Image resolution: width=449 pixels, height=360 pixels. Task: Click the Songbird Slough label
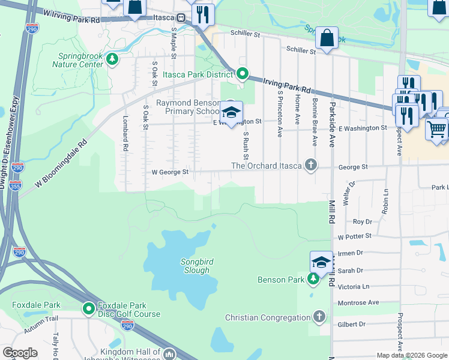[x=196, y=266]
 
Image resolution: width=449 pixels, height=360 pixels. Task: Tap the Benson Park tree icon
[x=313, y=279]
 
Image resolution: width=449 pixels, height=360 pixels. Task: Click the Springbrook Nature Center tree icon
[x=112, y=59]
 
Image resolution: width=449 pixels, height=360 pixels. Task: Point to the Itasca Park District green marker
[x=242, y=74]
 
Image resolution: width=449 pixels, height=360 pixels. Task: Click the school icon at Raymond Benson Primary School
[x=231, y=112]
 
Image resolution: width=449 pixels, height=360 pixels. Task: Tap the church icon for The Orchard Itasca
[x=310, y=165]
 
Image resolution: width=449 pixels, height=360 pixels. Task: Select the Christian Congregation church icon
[x=319, y=316]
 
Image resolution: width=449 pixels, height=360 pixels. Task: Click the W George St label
[x=170, y=172]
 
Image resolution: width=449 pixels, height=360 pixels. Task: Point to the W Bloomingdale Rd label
[x=61, y=163]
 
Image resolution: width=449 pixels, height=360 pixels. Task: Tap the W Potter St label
[x=354, y=237]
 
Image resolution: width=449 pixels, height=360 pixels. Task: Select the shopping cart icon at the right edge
[x=436, y=129]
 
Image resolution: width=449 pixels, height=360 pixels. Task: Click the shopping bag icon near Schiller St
[x=327, y=38]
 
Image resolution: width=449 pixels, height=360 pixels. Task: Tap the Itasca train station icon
[x=179, y=18]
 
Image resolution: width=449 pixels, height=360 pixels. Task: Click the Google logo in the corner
[x=20, y=353]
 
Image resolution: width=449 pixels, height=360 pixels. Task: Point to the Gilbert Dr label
[x=352, y=324]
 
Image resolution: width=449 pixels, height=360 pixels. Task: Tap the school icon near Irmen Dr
[x=321, y=262]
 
